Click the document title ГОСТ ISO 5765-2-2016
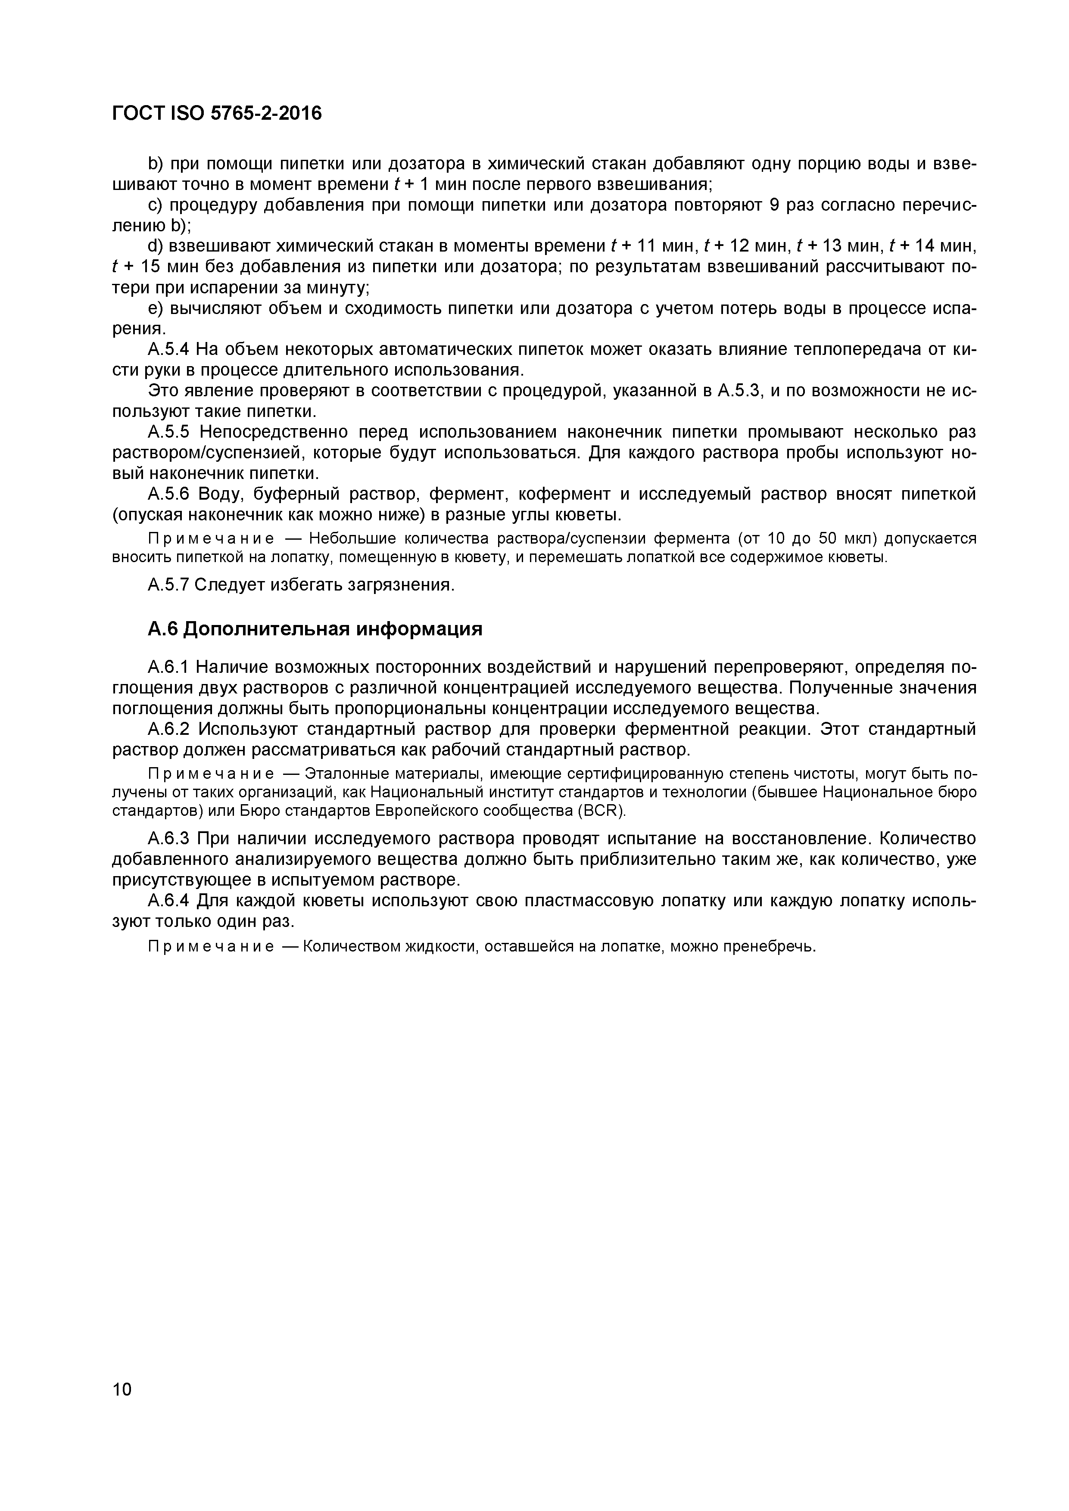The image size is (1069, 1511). [217, 114]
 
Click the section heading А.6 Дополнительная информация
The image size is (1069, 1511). [315, 629]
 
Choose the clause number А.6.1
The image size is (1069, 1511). [168, 667]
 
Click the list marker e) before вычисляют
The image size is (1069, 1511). [156, 308]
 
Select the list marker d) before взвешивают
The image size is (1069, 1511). [156, 246]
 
